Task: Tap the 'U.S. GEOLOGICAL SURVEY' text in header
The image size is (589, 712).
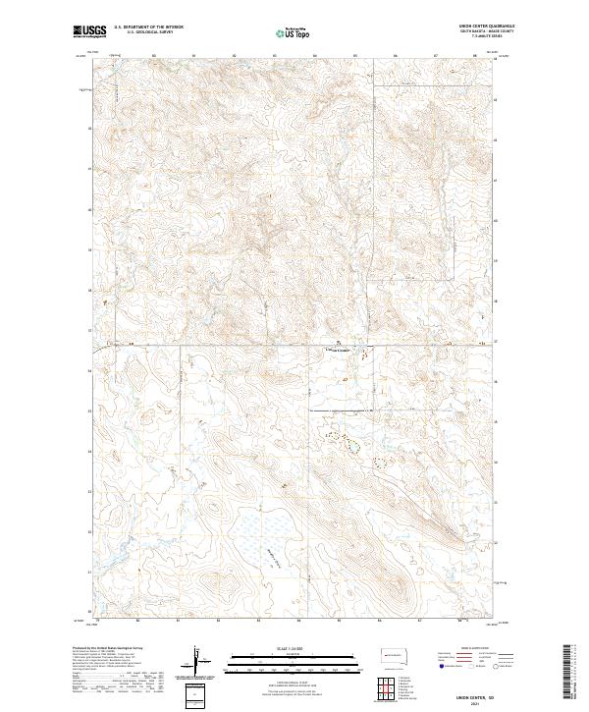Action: point(147,32)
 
